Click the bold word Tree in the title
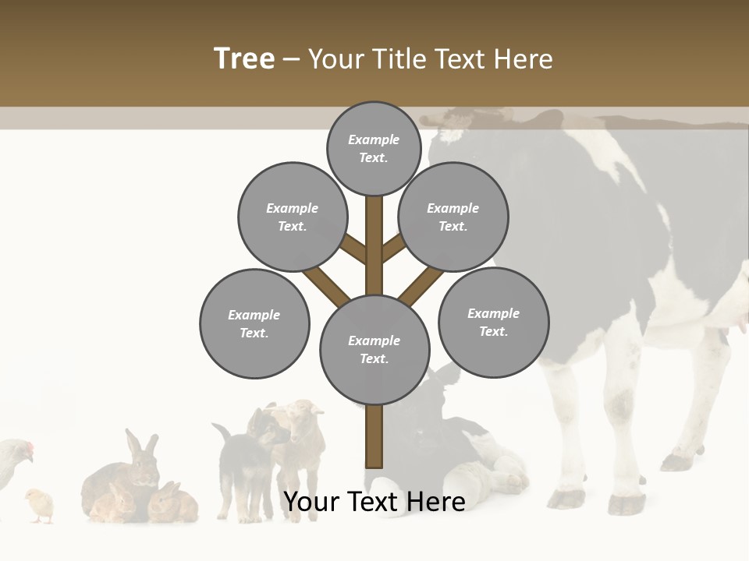tap(244, 58)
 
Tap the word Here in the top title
tap(524, 58)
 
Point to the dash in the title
tap(291, 59)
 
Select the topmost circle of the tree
tap(374, 148)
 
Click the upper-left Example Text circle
tap(292, 217)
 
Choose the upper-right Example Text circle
tap(453, 217)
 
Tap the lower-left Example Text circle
tap(254, 323)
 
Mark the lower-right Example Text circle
tap(493, 322)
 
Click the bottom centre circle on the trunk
tap(374, 350)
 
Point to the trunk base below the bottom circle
tap(374, 440)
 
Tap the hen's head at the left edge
tap(23, 450)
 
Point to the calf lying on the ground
tap(453, 452)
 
